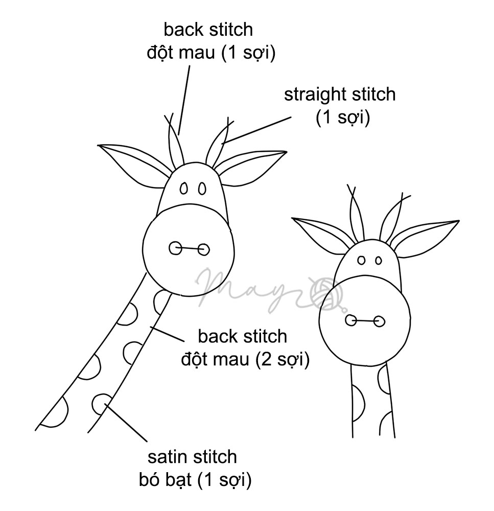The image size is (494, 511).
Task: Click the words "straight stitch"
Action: click(339, 95)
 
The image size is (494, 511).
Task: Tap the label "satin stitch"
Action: click(192, 456)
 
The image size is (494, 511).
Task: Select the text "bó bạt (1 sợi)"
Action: click(195, 480)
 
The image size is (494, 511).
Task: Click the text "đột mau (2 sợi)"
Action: click(245, 360)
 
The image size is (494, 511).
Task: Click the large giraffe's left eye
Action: click(183, 189)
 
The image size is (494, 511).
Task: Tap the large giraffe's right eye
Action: click(202, 189)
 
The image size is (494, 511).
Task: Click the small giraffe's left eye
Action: click(361, 261)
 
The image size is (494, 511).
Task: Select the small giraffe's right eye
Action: click(378, 261)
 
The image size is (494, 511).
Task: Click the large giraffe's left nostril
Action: click(175, 249)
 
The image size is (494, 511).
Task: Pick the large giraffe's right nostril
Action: click(203, 249)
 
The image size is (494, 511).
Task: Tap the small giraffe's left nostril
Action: click(351, 320)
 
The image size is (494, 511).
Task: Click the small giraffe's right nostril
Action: click(379, 321)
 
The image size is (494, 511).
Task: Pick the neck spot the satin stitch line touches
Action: click(103, 403)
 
